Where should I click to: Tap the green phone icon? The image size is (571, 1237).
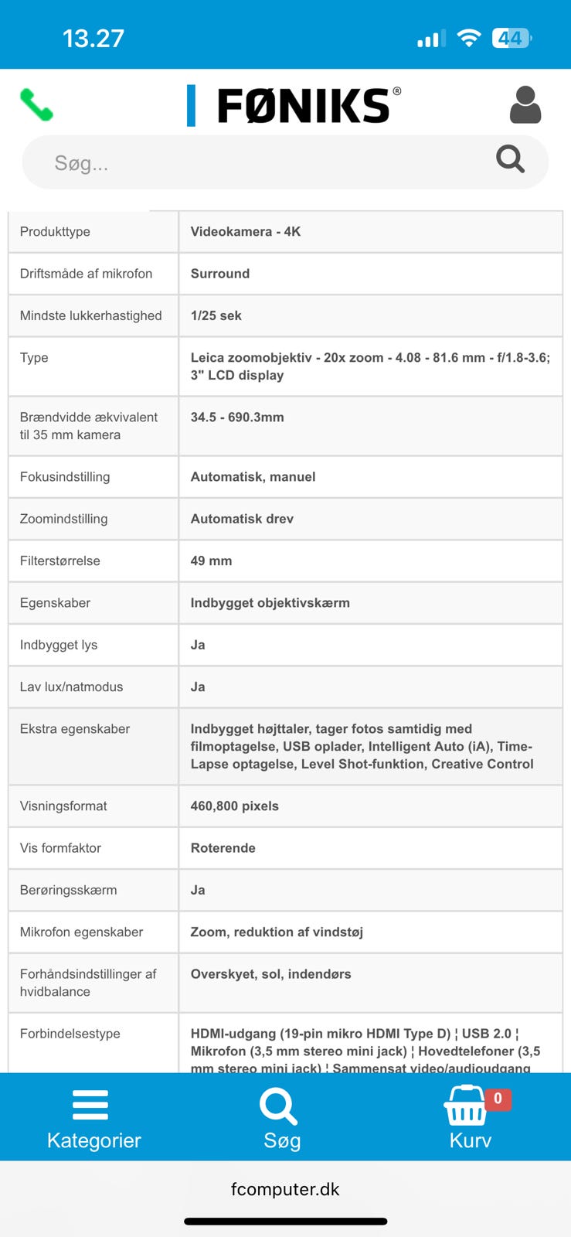point(36,105)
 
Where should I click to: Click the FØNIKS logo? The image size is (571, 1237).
point(294,106)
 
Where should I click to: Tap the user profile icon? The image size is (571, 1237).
point(525,105)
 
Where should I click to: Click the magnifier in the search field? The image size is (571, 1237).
point(510,159)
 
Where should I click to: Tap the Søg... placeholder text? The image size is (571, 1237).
point(81,163)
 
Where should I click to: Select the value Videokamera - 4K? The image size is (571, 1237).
point(246,231)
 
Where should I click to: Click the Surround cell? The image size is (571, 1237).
point(220,274)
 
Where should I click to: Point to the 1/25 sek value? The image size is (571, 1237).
point(216,315)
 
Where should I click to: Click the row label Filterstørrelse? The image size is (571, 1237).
point(60,561)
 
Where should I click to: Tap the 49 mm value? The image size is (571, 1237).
point(211,561)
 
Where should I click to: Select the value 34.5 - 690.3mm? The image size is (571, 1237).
point(237,417)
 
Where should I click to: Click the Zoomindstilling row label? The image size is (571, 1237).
point(64,519)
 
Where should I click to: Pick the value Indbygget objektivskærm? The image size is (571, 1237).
point(270,603)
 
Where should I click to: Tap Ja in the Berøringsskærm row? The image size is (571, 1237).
point(198,890)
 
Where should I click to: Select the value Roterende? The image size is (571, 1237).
point(223,848)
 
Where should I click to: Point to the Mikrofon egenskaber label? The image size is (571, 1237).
point(82,932)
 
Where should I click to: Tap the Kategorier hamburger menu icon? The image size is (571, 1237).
point(90,1105)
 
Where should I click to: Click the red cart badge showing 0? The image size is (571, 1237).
point(498,1099)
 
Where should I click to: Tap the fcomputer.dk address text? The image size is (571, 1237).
point(285,1189)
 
